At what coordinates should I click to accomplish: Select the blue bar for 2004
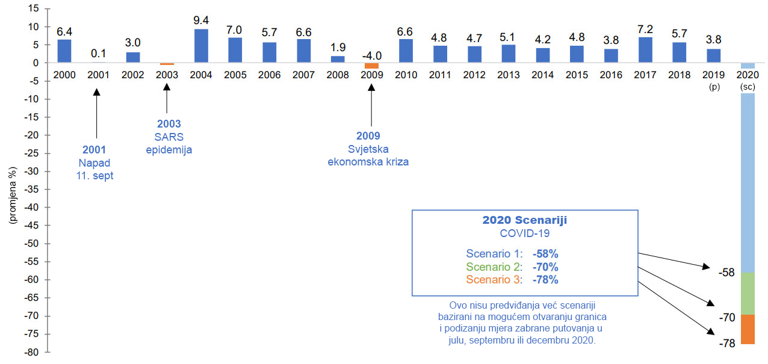pyautogui.click(x=202, y=46)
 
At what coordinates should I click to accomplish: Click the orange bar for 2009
pyautogui.click(x=372, y=66)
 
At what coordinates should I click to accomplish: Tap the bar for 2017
pyautogui.click(x=645, y=50)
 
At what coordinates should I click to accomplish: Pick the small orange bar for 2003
pyautogui.click(x=167, y=64)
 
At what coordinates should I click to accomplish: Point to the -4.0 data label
pyautogui.click(x=372, y=56)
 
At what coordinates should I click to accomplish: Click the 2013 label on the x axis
pyautogui.click(x=509, y=75)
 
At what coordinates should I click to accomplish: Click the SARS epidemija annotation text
pyautogui.click(x=169, y=143)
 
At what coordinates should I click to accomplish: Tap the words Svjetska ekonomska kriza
pyautogui.click(x=368, y=155)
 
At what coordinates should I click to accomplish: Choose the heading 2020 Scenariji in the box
pyautogui.click(x=524, y=220)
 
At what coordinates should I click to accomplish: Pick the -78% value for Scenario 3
pyautogui.click(x=545, y=280)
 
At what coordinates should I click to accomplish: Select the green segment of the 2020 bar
pyautogui.click(x=748, y=294)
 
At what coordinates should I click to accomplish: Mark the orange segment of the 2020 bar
pyautogui.click(x=748, y=329)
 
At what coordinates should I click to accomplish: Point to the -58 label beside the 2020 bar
pyautogui.click(x=726, y=273)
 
